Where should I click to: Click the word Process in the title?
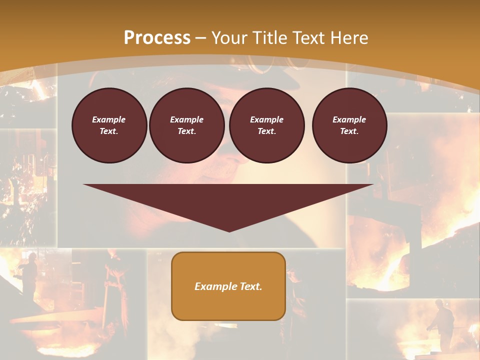pos(157,38)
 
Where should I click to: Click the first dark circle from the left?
pos(109,125)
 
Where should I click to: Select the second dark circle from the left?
pos(187,125)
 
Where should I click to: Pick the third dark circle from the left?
pos(267,125)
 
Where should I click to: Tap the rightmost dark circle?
pos(349,125)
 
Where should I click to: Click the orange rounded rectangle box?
pos(228,286)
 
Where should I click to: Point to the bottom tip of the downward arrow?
pos(229,231)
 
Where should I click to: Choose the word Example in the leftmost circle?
pos(109,119)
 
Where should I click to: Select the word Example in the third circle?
pos(266,119)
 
